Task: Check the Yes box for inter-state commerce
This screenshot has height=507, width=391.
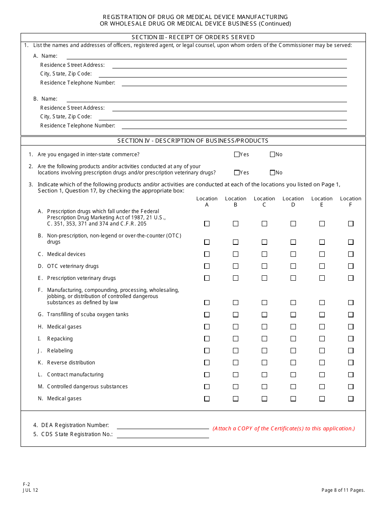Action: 237,155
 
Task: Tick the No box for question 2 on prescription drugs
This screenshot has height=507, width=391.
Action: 272,173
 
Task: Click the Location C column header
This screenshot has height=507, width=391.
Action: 264,202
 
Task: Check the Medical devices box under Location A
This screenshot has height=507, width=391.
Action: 207,254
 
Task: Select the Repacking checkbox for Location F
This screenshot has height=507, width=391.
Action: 351,339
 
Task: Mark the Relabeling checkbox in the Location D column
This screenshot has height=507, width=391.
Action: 293,351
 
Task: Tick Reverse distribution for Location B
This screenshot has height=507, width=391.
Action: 235,363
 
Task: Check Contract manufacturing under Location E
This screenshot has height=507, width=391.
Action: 322,375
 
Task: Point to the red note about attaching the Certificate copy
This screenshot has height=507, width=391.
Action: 284,429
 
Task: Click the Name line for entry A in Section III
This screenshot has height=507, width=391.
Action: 207,56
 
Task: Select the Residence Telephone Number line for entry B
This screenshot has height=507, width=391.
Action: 234,126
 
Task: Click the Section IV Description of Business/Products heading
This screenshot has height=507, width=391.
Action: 193,141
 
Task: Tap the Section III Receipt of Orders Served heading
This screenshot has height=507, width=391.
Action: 193,38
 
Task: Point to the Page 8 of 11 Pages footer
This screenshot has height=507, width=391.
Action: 343,491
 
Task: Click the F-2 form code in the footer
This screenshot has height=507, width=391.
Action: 26,485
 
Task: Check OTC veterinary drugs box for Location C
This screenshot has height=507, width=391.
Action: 264,266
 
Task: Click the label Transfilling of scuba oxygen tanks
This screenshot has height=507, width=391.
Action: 88,315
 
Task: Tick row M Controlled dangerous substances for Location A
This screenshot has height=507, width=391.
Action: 207,387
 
